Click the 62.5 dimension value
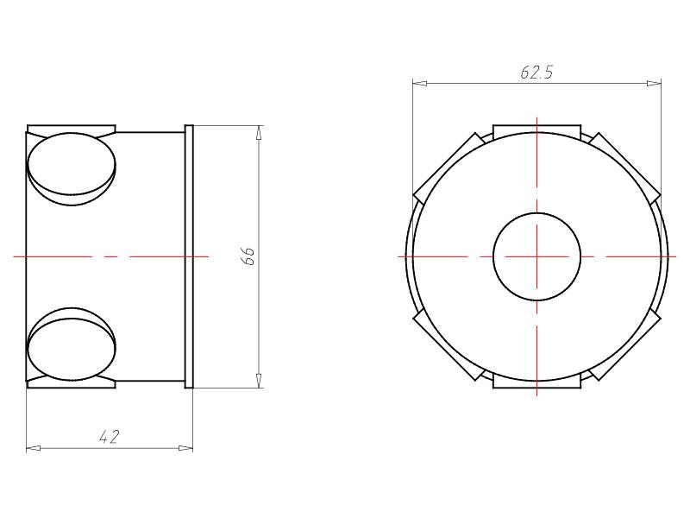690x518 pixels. click(x=536, y=72)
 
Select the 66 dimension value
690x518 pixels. click(x=249, y=256)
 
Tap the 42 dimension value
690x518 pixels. click(x=110, y=437)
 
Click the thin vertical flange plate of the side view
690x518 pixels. click(x=189, y=256)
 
